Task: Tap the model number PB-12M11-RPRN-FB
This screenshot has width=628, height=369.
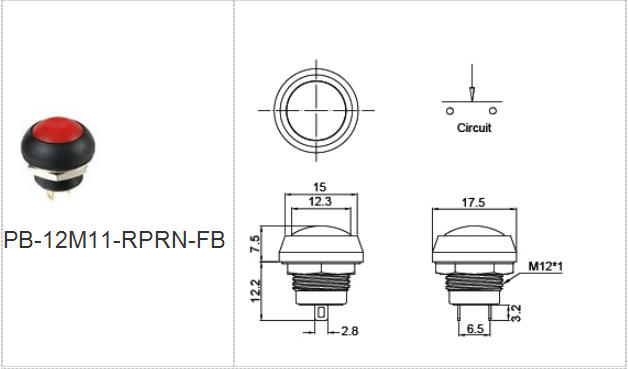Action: click(x=115, y=240)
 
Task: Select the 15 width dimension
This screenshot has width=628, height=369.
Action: click(x=320, y=187)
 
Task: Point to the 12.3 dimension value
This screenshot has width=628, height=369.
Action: click(x=320, y=202)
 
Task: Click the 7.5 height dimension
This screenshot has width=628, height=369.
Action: click(x=255, y=244)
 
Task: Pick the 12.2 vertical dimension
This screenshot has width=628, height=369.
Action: click(x=255, y=291)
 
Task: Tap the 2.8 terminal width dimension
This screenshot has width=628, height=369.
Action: click(x=349, y=331)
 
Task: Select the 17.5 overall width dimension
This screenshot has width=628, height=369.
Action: click(x=473, y=203)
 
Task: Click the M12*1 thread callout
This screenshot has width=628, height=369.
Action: click(x=545, y=266)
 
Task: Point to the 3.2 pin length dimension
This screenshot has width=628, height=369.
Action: click(x=516, y=313)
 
